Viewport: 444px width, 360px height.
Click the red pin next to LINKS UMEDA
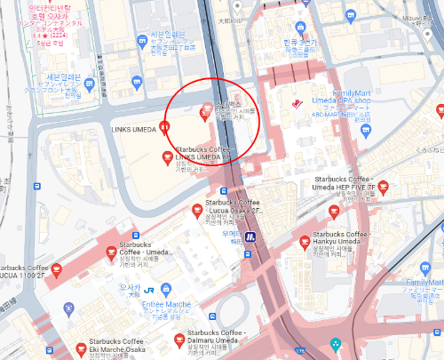point(163,126)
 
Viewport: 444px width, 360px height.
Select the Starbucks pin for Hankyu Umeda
point(305,240)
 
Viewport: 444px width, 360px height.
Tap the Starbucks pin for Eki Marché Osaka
point(82,347)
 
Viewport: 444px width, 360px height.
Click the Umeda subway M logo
point(251,236)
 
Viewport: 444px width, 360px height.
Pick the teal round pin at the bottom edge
point(335,345)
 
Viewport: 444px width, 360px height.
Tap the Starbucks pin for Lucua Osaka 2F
point(198,210)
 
